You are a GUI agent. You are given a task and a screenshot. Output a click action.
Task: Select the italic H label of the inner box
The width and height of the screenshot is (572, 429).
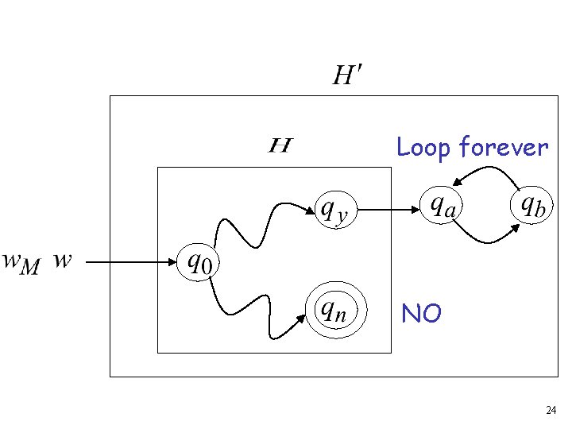(280, 145)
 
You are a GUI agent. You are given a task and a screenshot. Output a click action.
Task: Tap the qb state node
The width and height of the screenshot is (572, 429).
(531, 206)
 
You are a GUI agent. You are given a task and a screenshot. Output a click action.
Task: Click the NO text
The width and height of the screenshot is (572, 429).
(421, 315)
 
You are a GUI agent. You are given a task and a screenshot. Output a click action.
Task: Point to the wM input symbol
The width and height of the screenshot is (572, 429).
(21, 261)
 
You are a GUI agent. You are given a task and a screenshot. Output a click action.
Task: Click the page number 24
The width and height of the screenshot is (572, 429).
(551, 411)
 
